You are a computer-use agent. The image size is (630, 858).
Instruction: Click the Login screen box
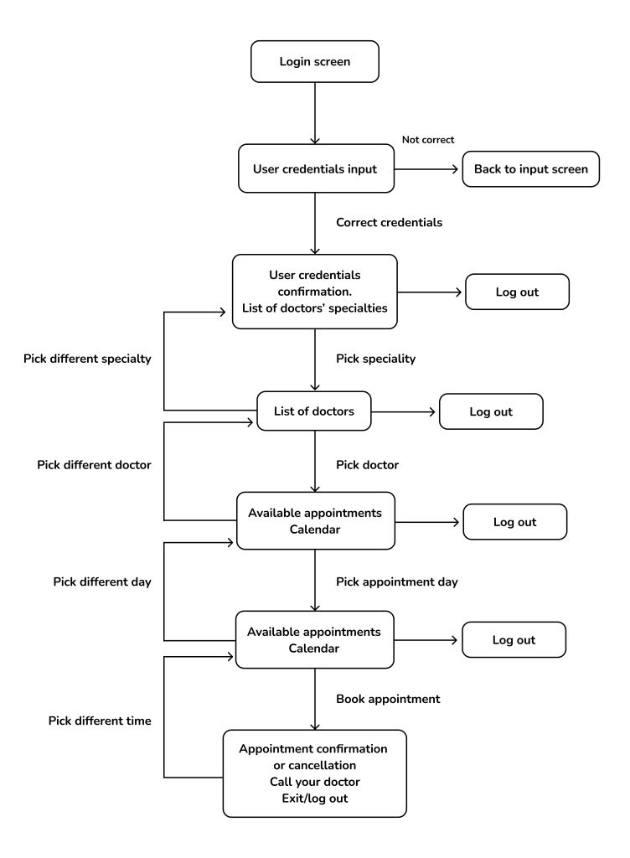[x=314, y=63]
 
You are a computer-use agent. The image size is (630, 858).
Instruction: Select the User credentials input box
[x=314, y=168]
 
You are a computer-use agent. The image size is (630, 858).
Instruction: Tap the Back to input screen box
[x=530, y=168]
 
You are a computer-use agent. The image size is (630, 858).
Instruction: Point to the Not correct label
[x=428, y=140]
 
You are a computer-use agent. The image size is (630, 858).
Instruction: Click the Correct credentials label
[x=390, y=223]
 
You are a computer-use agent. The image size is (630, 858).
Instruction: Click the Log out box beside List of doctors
[x=491, y=412]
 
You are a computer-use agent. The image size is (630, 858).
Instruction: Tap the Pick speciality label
[x=376, y=358]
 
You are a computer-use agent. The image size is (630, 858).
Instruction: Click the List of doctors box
[x=314, y=412]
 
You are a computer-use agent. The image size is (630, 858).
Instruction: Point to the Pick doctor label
[x=368, y=463]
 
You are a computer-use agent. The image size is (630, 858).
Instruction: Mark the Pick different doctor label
[x=94, y=463]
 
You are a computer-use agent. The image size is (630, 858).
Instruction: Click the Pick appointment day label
[x=396, y=581]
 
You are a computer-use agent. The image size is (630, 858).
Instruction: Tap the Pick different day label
[x=101, y=581]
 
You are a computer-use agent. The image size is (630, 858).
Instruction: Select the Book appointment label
[x=388, y=698]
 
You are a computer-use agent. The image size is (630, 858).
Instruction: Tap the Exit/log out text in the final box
[x=314, y=798]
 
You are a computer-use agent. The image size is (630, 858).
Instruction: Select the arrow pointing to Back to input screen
[x=427, y=168]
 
